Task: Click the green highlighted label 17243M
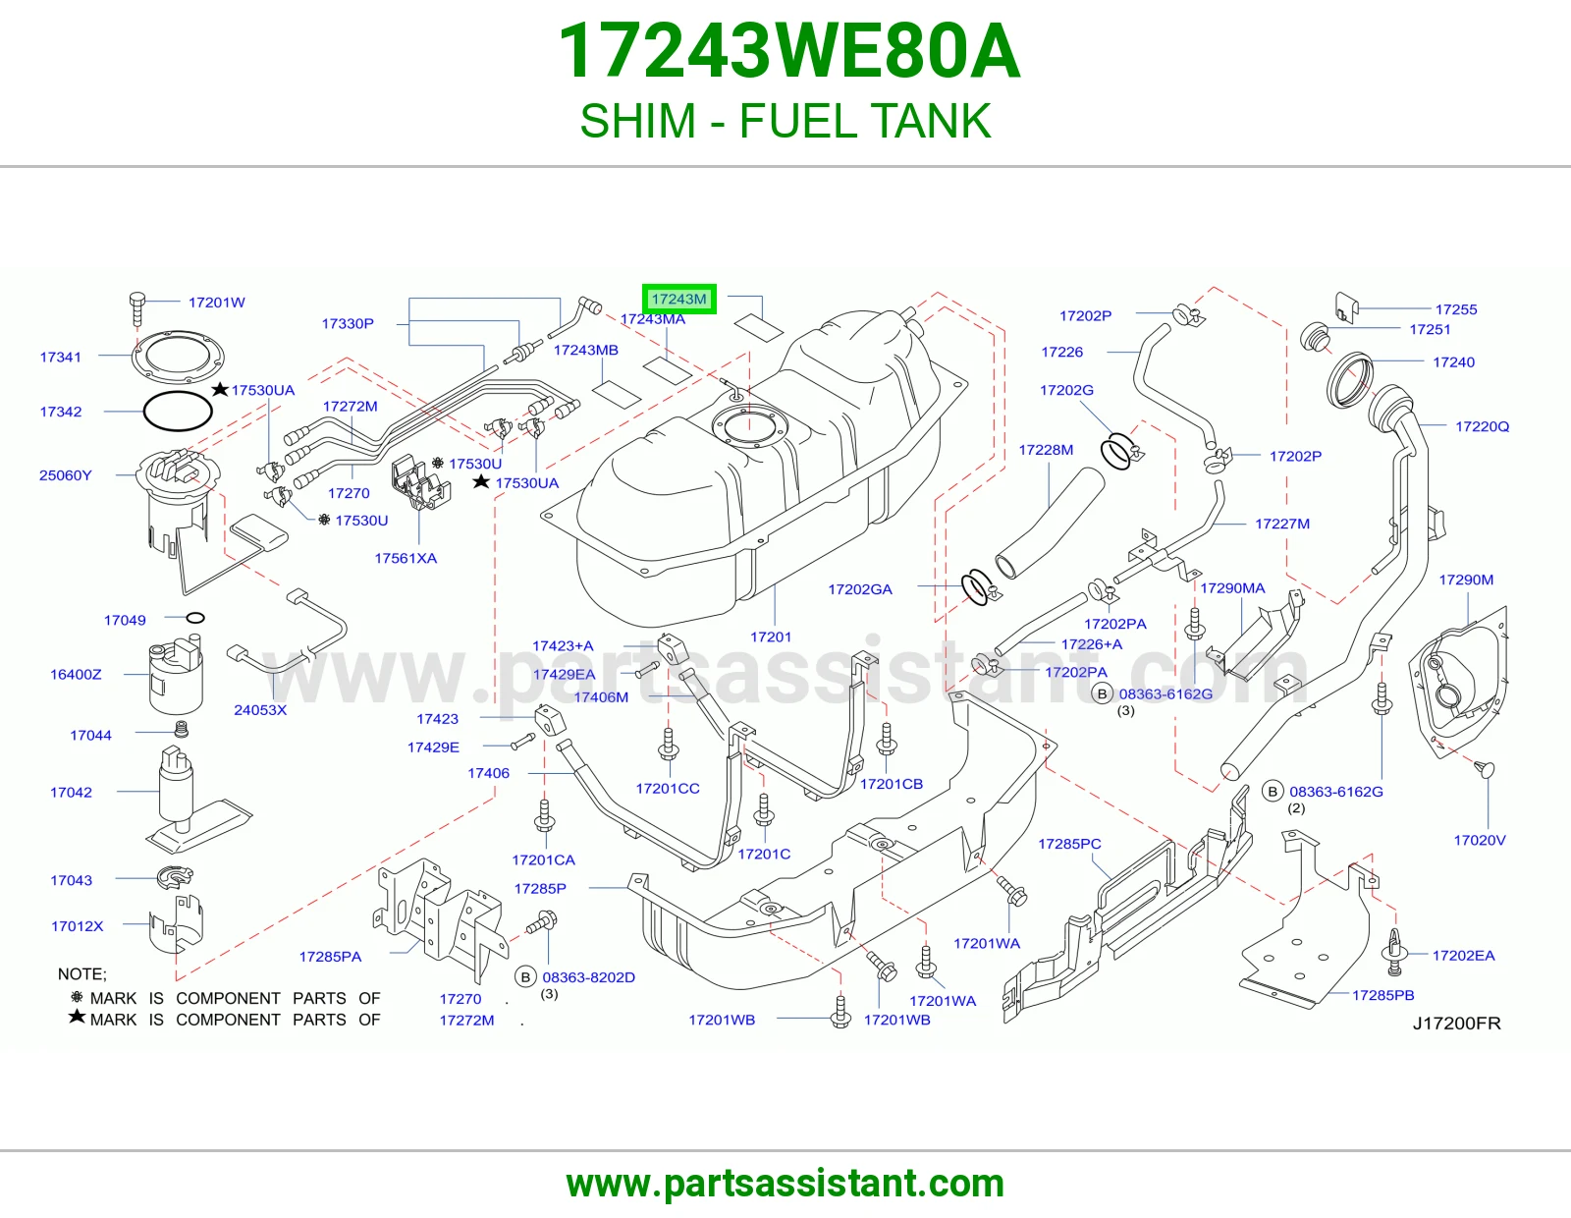pyautogui.click(x=678, y=299)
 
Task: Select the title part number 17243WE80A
pyautogui.click(x=788, y=52)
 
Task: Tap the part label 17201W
pyautogui.click(x=217, y=303)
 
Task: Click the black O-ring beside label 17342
pyautogui.click(x=177, y=411)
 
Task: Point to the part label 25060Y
pyautogui.click(x=65, y=475)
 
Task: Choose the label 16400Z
pyautogui.click(x=76, y=674)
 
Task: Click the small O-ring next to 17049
pyautogui.click(x=195, y=618)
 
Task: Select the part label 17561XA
pyautogui.click(x=406, y=558)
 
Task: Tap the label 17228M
pyautogui.click(x=1046, y=450)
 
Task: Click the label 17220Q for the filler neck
pyautogui.click(x=1482, y=426)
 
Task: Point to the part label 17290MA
pyautogui.click(x=1232, y=588)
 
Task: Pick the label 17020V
pyautogui.click(x=1479, y=840)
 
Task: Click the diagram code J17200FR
pyautogui.click(x=1457, y=1023)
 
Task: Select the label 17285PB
pyautogui.click(x=1383, y=995)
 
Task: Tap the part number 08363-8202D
pyautogui.click(x=588, y=977)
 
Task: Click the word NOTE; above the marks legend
pyautogui.click(x=82, y=973)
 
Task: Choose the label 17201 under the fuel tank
pyautogui.click(x=771, y=637)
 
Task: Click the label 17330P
pyautogui.click(x=348, y=323)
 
